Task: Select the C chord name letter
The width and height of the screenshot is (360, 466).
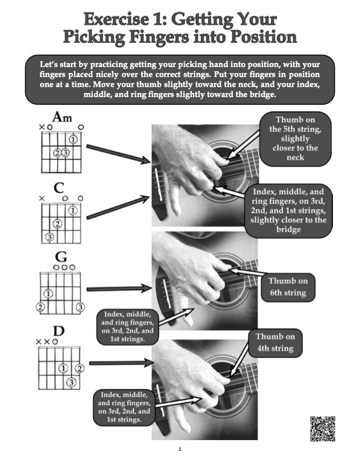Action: pyautogui.click(x=59, y=188)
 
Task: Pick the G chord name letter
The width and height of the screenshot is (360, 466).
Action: pyautogui.click(x=61, y=257)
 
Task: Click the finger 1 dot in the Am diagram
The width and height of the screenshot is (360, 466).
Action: pyautogui.click(x=72, y=140)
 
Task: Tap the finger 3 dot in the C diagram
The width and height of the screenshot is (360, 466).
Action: pyautogui.click(x=49, y=237)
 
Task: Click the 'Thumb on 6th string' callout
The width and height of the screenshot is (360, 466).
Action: pyautogui.click(x=288, y=287)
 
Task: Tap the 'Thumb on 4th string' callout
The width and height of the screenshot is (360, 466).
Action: pyautogui.click(x=275, y=342)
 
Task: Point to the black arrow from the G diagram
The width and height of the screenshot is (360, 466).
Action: pyautogui.click(x=118, y=288)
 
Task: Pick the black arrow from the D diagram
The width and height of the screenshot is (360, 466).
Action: pyautogui.click(x=118, y=362)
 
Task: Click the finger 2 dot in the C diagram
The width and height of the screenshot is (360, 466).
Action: pyautogui.click(x=57, y=224)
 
